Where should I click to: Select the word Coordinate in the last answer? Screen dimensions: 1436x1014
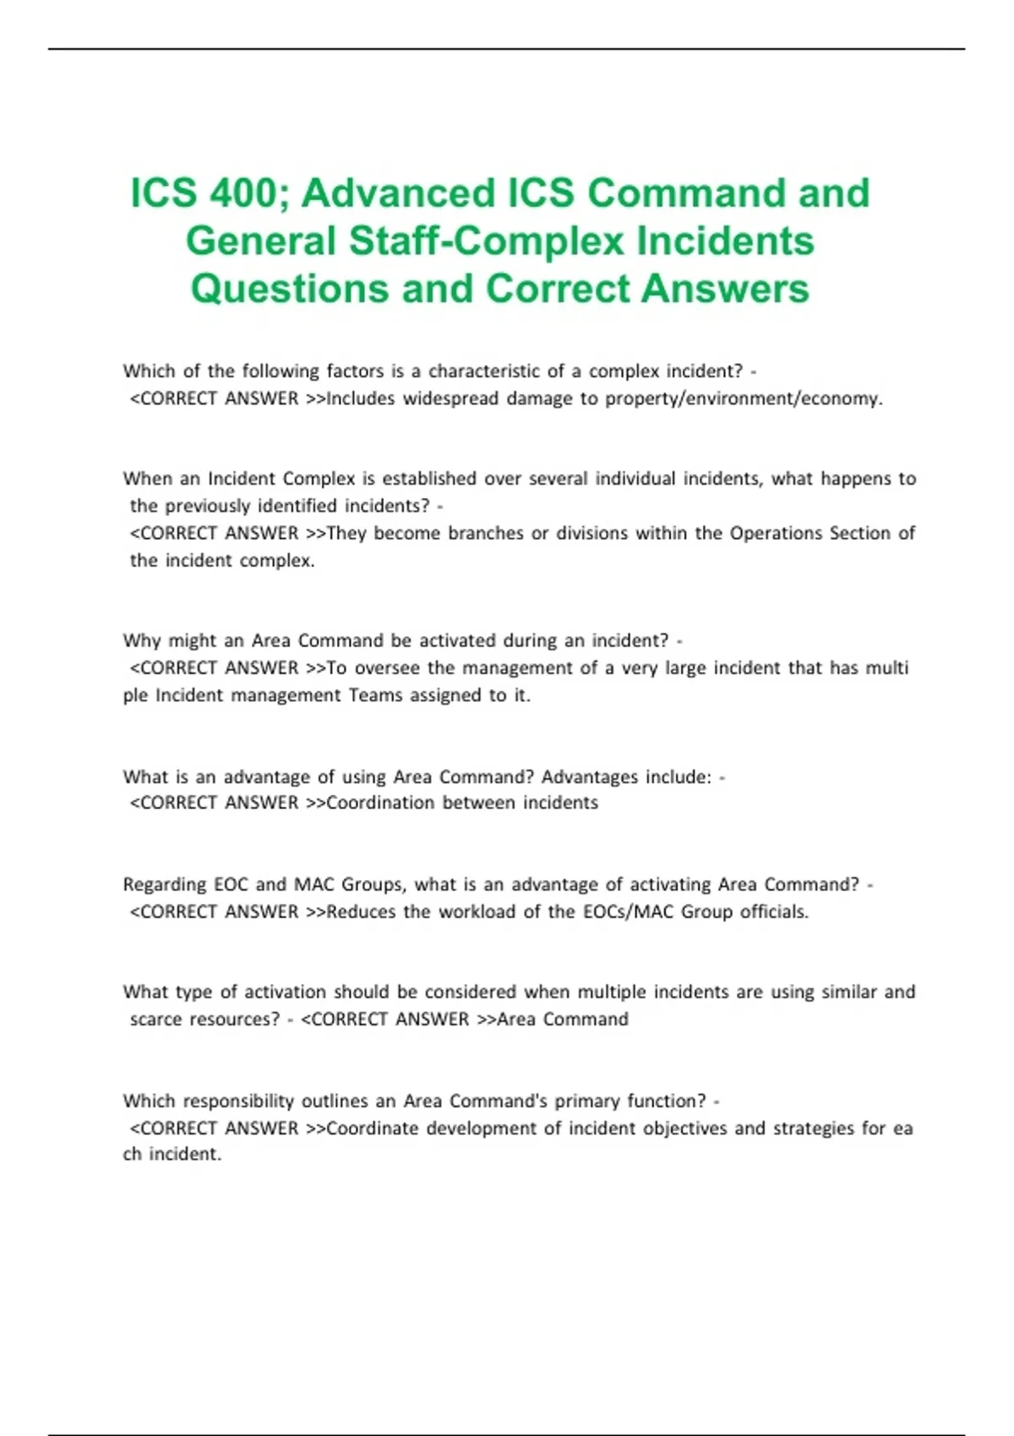(373, 1128)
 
